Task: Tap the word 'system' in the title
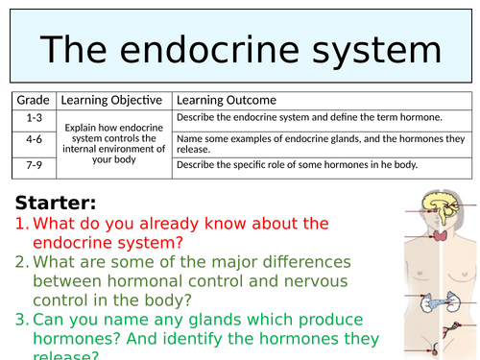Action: click(x=371, y=51)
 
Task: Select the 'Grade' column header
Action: click(x=35, y=100)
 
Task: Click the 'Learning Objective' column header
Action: click(x=112, y=100)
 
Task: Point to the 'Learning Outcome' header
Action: click(x=226, y=100)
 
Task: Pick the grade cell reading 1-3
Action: click(x=35, y=117)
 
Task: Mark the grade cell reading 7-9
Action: click(x=35, y=164)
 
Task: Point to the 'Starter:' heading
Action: click(x=55, y=204)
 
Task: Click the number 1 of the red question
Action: click(x=19, y=224)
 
